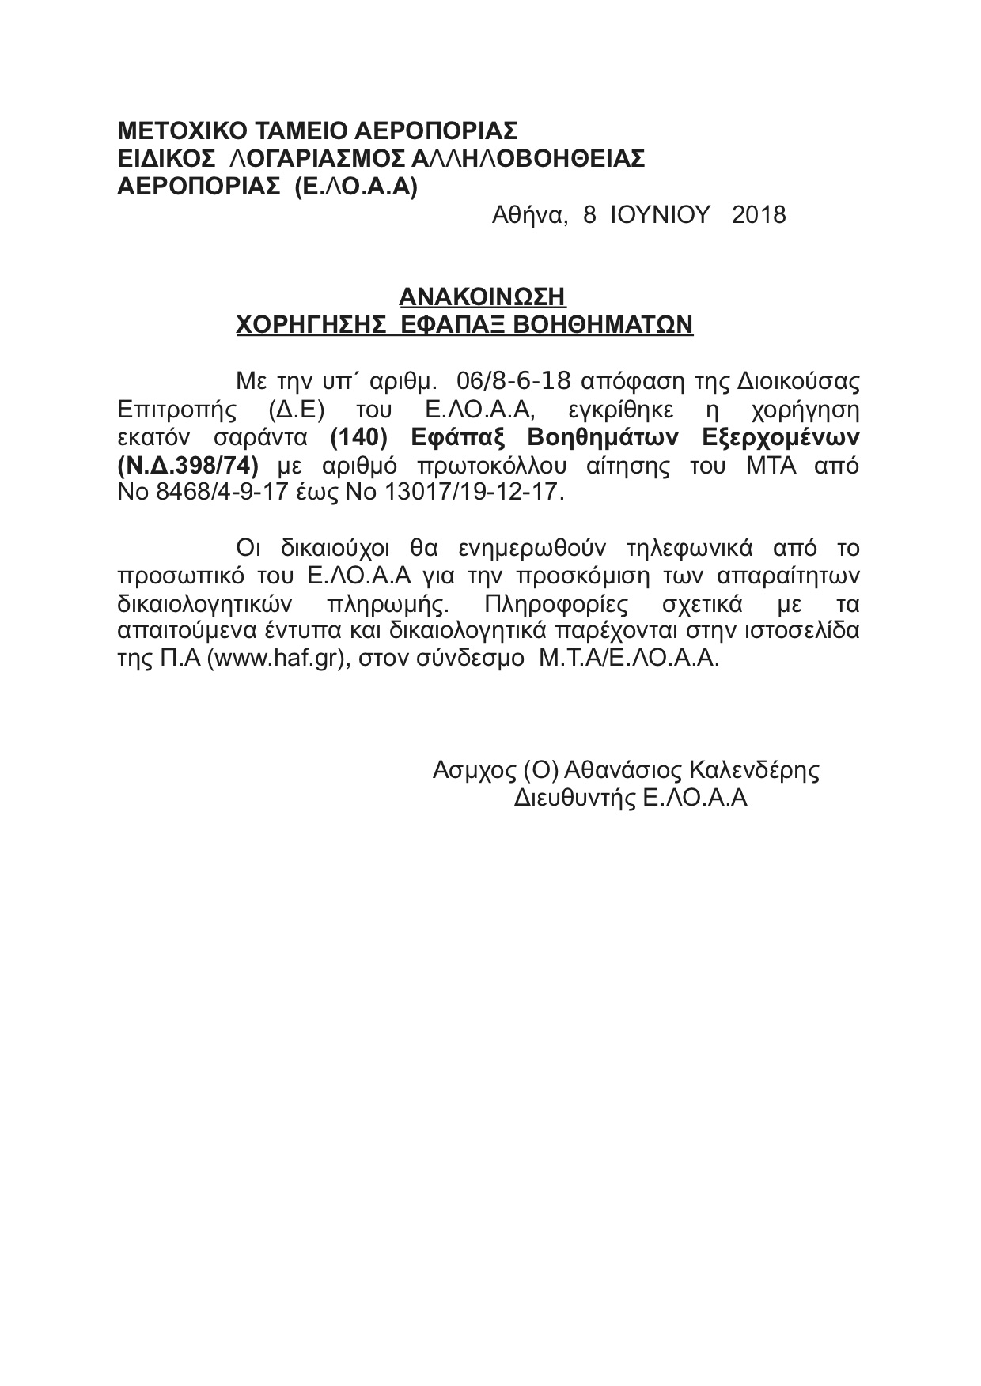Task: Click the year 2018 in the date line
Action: (x=759, y=215)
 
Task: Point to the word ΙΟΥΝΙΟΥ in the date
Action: (x=661, y=215)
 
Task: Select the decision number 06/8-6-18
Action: (x=513, y=381)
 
